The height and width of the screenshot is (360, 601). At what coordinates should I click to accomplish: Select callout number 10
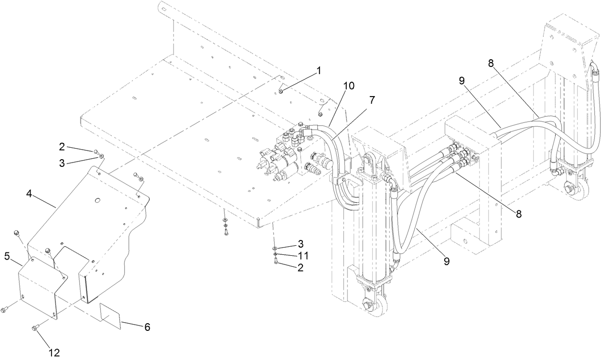[x=349, y=86]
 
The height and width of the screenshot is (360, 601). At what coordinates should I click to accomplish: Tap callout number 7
[x=372, y=100]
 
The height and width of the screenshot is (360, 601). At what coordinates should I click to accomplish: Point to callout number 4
[x=30, y=194]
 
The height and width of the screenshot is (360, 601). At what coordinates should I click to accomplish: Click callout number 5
[x=7, y=257]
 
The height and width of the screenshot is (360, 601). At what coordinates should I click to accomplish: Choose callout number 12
[x=54, y=352]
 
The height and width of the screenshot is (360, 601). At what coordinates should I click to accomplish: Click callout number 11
[x=303, y=255]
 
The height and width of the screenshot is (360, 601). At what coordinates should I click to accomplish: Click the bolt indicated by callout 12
[x=35, y=327]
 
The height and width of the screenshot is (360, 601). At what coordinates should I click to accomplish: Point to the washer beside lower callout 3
[x=276, y=249]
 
